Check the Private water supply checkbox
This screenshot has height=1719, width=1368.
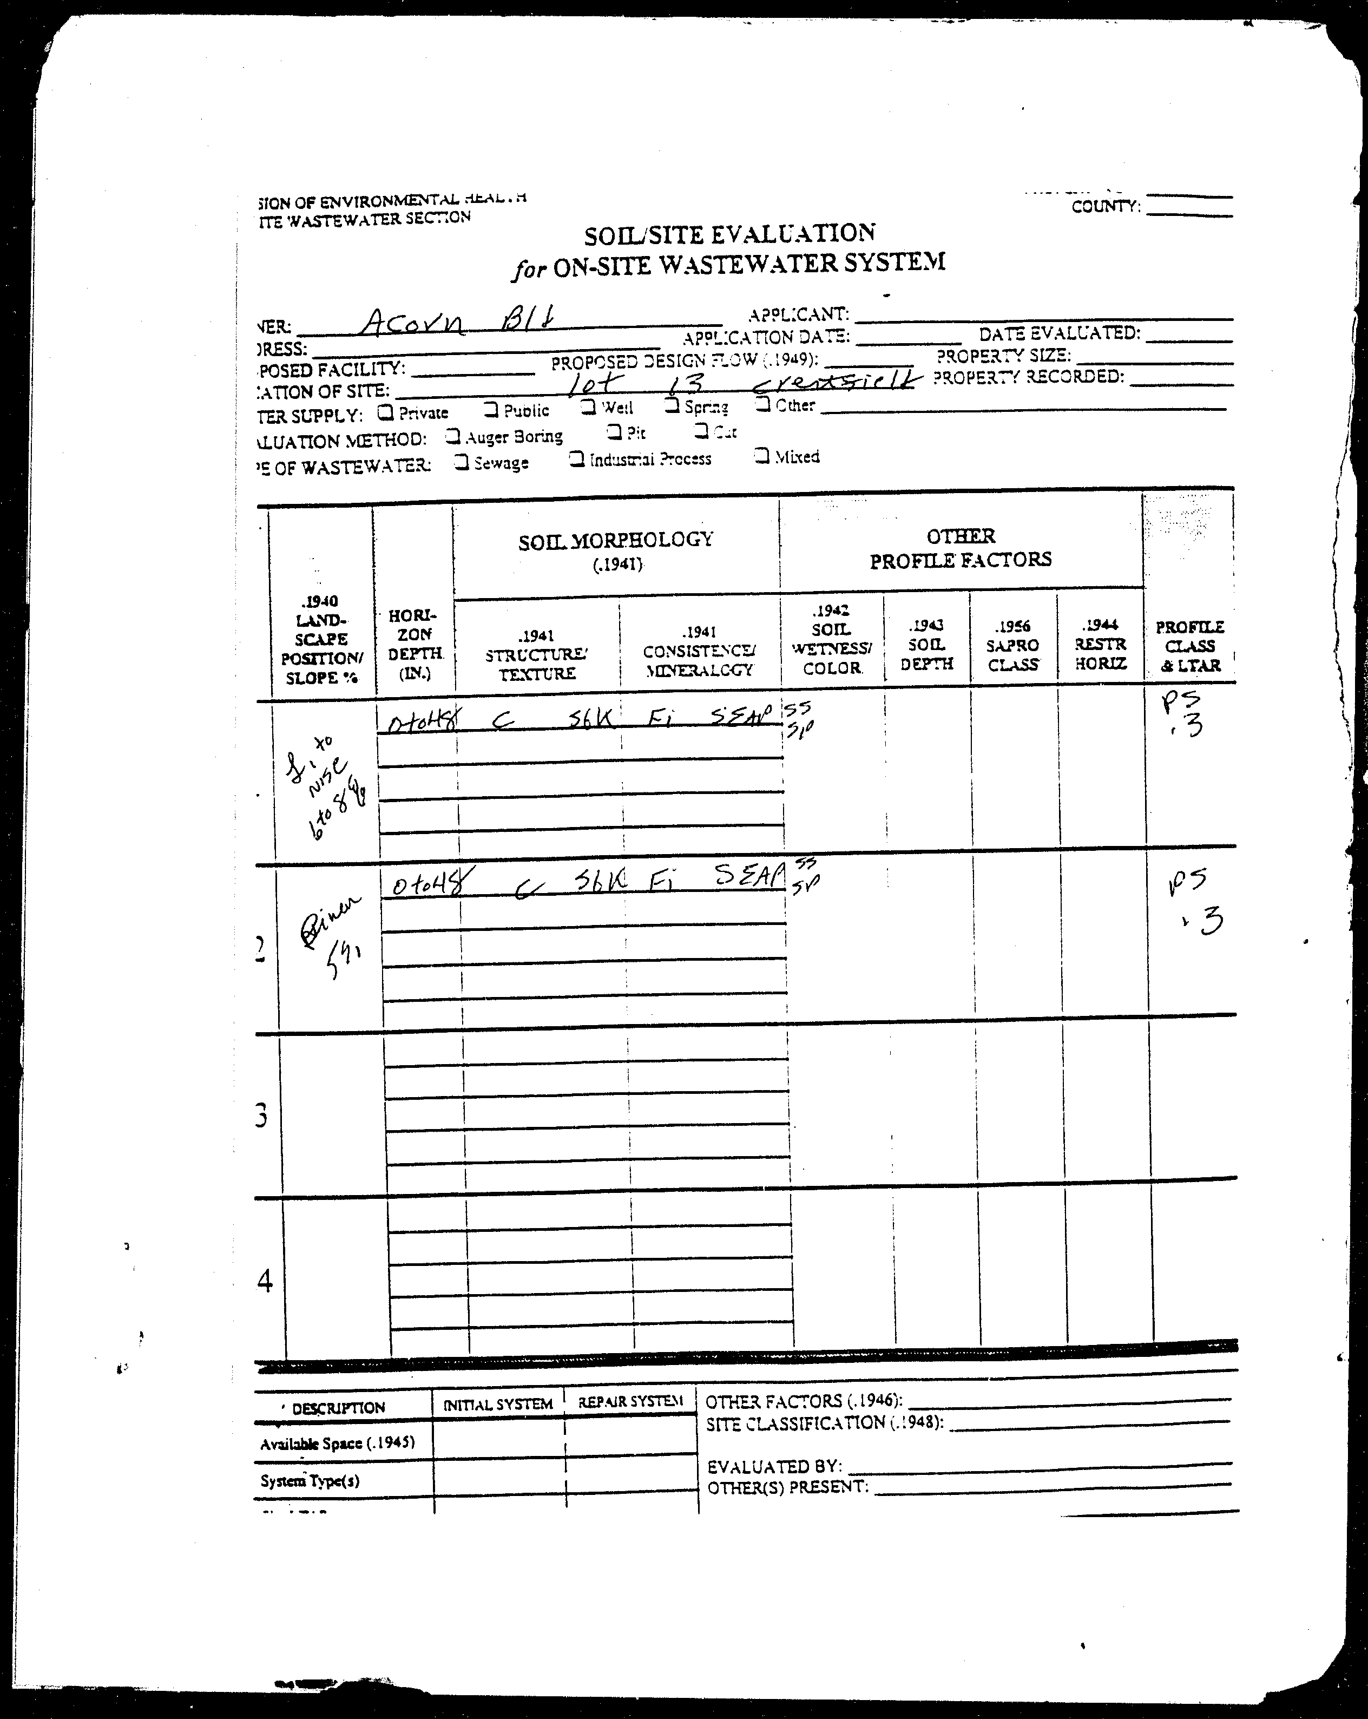point(386,412)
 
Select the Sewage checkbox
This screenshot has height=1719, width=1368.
point(462,462)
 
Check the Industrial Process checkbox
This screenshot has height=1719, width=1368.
point(576,460)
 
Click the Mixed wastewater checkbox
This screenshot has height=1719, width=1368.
point(762,456)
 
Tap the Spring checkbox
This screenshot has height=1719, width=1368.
point(672,406)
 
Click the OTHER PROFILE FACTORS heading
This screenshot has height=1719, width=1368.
point(961,548)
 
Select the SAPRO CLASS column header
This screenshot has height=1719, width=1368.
point(1012,645)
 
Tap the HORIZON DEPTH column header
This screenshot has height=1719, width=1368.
point(414,644)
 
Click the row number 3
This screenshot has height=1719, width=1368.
point(261,1116)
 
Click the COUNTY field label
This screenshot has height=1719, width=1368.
point(1105,207)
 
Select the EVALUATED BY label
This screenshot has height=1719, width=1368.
point(773,1466)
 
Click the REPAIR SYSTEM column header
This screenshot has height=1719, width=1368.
point(630,1401)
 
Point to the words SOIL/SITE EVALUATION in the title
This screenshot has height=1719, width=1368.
point(729,234)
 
